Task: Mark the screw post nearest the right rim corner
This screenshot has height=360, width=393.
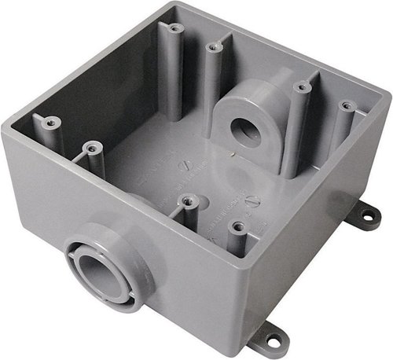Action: [343, 104]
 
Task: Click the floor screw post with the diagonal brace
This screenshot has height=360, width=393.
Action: [185, 202]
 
